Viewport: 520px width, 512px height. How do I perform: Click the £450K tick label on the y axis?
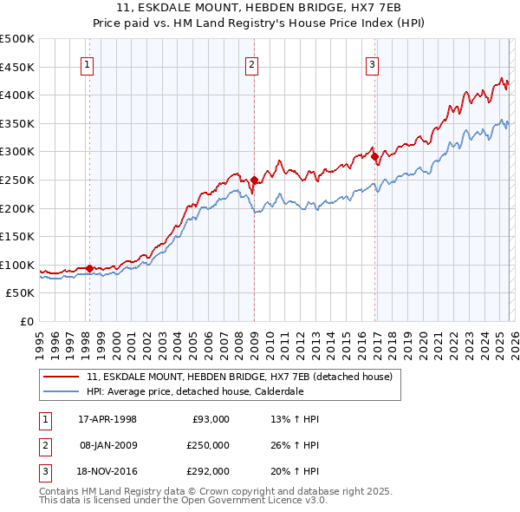[x=17, y=67]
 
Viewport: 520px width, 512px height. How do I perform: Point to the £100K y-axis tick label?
[x=17, y=265]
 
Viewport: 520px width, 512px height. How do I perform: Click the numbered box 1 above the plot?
[x=88, y=63]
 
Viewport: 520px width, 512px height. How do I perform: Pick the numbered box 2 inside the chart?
[x=251, y=63]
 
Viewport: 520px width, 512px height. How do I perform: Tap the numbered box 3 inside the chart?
[x=372, y=63]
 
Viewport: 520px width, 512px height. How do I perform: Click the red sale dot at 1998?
[x=90, y=268]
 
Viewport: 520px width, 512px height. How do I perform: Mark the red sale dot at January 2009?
[x=254, y=180]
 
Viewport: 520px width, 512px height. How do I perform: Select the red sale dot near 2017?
[x=374, y=156]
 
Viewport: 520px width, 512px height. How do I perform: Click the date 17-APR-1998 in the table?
[x=107, y=419]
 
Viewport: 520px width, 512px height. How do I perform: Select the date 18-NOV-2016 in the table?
[x=108, y=471]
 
